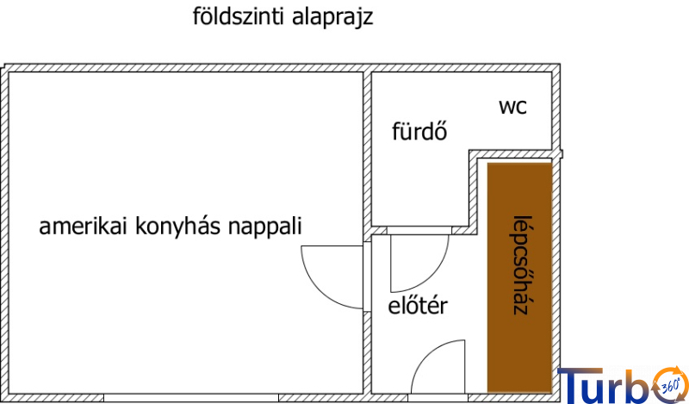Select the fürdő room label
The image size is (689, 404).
pos(419,133)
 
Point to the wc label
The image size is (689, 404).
pos(512,107)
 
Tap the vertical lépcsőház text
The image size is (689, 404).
pos(519,264)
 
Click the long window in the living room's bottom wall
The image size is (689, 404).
pos(191,398)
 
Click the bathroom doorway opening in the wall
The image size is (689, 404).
pos(419,231)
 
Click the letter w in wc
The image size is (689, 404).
pos(506,108)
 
